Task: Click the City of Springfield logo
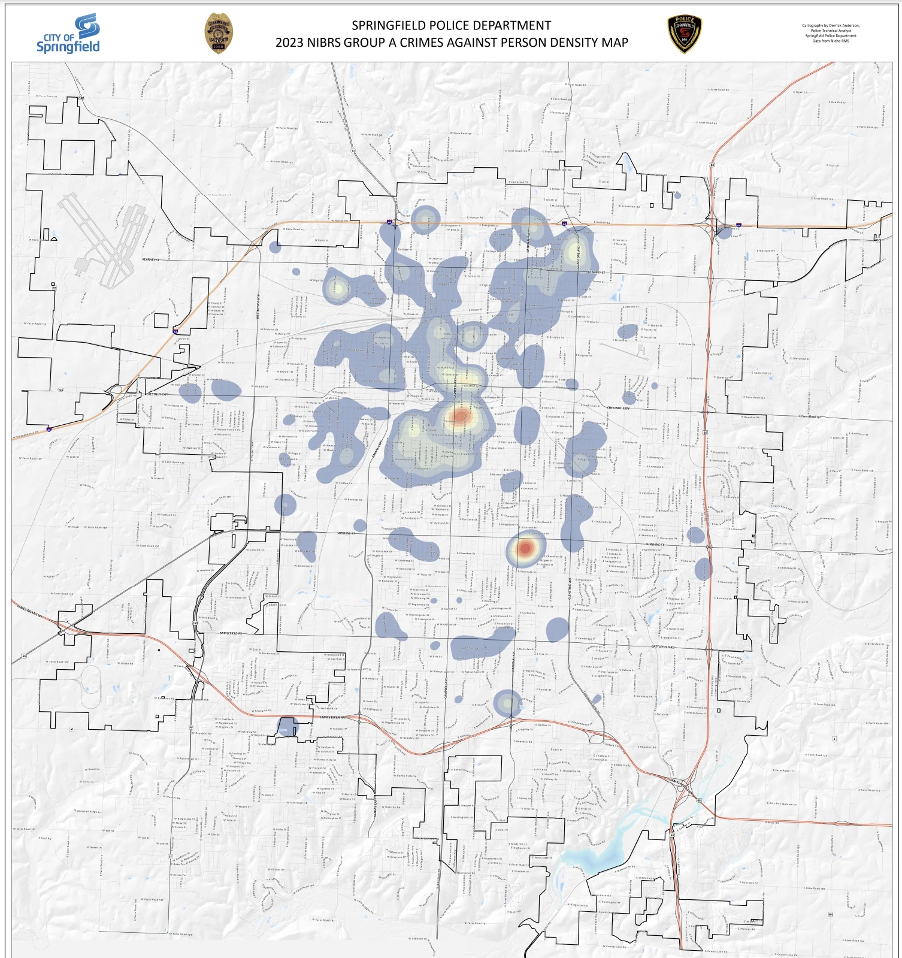(x=68, y=35)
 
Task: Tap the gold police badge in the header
(x=219, y=34)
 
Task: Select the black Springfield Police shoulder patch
(x=685, y=34)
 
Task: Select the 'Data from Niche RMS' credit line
(x=831, y=41)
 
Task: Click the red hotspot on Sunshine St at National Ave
(x=525, y=548)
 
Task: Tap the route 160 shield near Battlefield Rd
(x=196, y=624)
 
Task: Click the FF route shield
(x=191, y=727)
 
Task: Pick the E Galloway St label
(x=643, y=697)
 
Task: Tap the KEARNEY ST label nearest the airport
(x=152, y=259)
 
